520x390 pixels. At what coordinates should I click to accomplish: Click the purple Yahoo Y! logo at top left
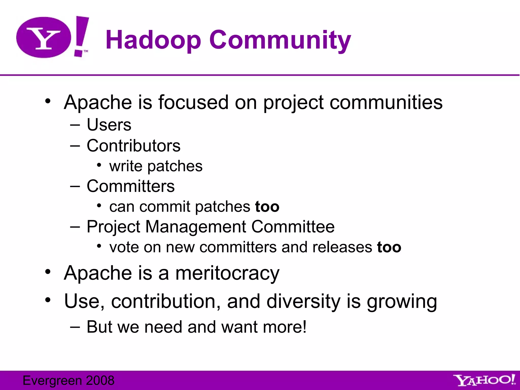click(52, 37)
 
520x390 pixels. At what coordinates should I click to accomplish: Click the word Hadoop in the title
click(153, 40)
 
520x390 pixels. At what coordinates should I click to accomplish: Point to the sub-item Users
click(109, 125)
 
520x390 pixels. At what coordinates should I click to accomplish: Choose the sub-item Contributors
click(134, 146)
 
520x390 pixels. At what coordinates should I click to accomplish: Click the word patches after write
click(175, 166)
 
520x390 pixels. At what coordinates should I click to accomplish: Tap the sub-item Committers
click(131, 186)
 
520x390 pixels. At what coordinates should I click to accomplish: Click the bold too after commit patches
click(267, 207)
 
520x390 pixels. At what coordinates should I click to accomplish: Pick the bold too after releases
click(389, 247)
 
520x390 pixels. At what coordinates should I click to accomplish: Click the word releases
click(342, 247)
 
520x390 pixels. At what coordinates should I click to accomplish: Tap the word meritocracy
click(227, 273)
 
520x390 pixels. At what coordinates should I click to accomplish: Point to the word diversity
click(303, 301)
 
